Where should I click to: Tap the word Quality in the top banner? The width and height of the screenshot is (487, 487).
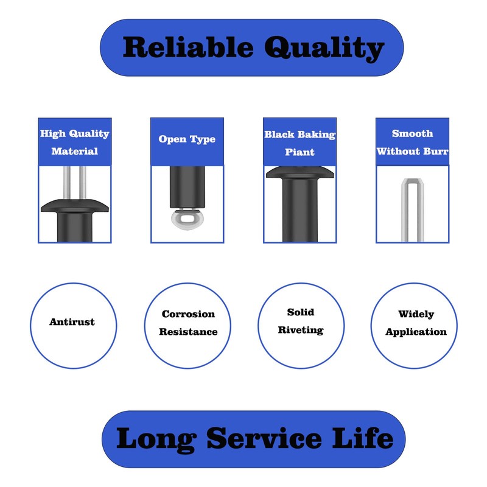coord(322,48)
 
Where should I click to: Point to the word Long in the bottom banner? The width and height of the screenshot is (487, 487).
coord(156,438)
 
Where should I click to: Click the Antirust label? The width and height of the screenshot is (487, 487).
coord(72,322)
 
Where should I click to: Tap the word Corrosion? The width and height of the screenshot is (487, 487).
coord(188,314)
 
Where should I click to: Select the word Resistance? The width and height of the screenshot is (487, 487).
coord(188,332)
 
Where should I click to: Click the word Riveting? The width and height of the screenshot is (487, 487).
coord(301,330)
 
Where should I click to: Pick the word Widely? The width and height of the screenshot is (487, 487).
coord(416,314)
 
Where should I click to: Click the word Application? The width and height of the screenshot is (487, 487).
coord(416,332)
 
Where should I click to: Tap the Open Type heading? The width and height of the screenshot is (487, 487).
coord(187,139)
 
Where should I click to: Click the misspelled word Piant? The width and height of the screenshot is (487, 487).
coord(300,152)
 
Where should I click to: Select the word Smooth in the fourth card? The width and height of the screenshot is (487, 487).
coord(412,133)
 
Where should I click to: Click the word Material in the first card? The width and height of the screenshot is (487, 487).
coord(74,151)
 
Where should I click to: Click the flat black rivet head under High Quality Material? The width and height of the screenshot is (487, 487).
coord(74,206)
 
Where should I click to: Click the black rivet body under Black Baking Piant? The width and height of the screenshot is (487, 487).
coord(299,213)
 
